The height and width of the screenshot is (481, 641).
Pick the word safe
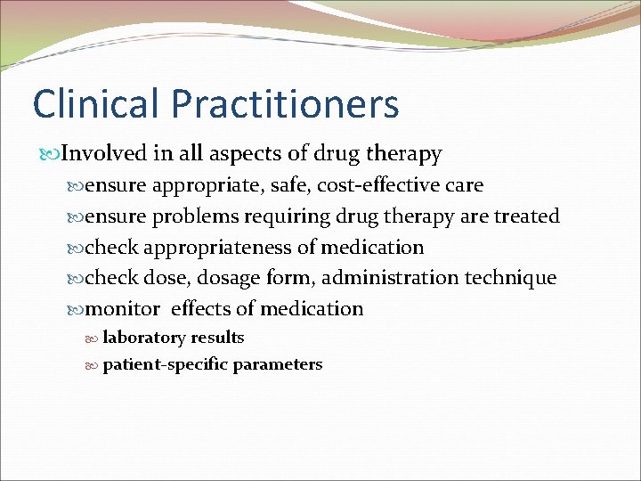[x=301, y=185]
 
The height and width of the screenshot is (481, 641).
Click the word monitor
[x=123, y=309]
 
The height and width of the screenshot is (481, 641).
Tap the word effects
[x=201, y=309]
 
